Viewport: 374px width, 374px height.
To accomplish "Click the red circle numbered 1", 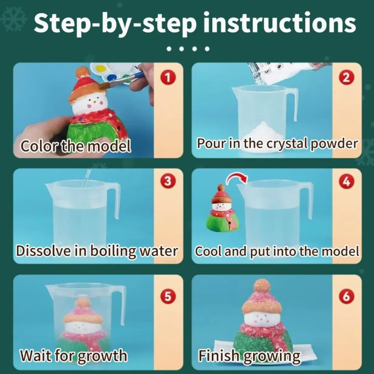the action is (x=168, y=77).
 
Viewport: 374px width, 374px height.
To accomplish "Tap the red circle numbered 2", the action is (x=346, y=77).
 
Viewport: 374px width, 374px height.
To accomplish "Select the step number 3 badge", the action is (x=168, y=181).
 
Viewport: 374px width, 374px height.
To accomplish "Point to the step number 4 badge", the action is (x=346, y=182).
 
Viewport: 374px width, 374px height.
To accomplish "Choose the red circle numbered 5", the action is (x=168, y=297).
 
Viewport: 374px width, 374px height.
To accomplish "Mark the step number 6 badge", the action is (x=346, y=296).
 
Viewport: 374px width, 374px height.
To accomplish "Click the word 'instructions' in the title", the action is (x=279, y=23).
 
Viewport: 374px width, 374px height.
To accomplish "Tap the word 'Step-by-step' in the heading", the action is (x=116, y=24).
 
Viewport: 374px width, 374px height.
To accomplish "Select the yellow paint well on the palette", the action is (x=101, y=69).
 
